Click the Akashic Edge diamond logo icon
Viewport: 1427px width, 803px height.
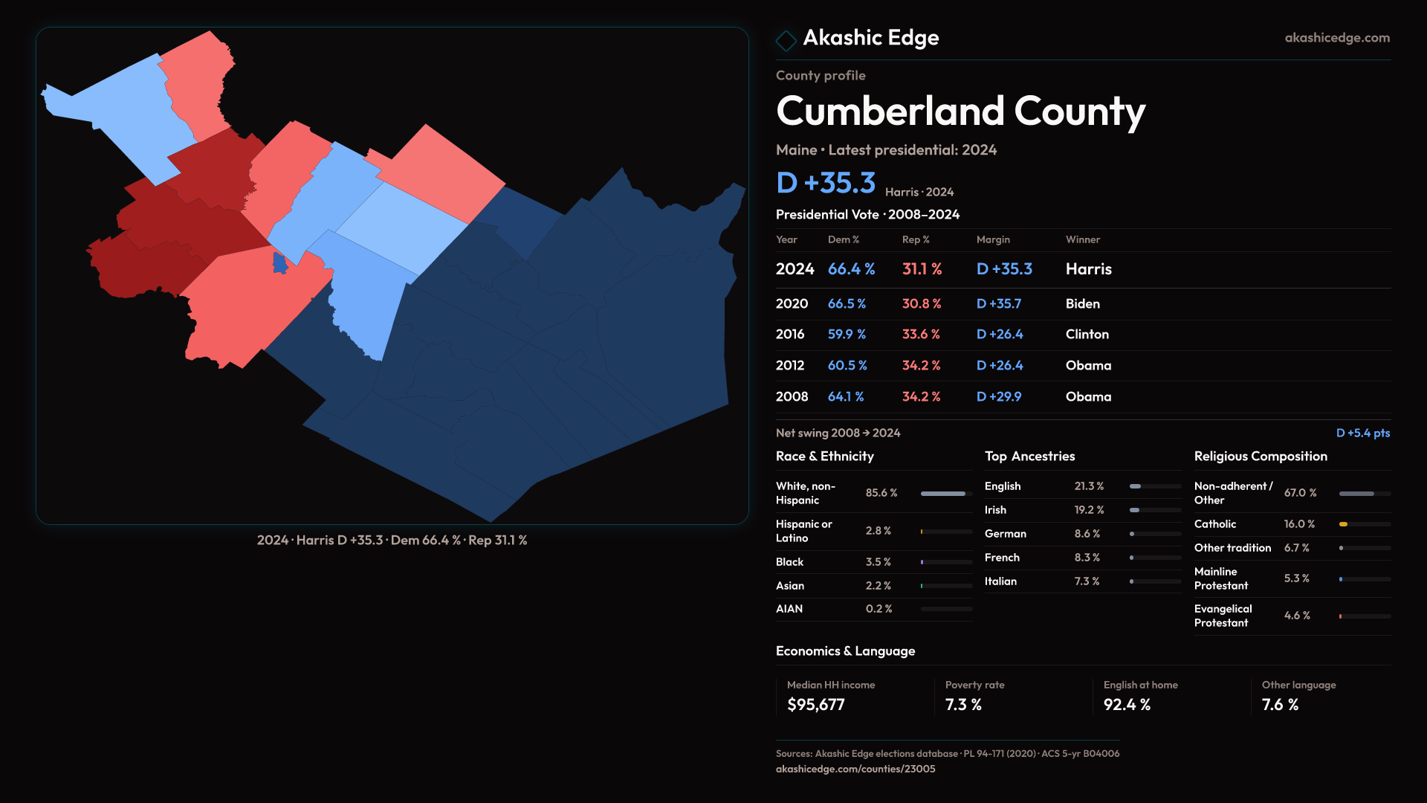(x=786, y=40)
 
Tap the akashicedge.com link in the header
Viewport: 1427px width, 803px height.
(x=1336, y=38)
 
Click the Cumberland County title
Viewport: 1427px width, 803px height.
(x=960, y=112)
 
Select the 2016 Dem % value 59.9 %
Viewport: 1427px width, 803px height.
(x=847, y=335)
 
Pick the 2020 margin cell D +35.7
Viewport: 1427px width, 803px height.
(x=998, y=304)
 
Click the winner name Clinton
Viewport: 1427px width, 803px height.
(x=1087, y=335)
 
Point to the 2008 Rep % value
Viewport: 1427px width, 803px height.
(x=921, y=397)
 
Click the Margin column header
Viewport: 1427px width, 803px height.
(x=993, y=239)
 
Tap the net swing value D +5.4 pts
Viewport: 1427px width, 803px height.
(x=1362, y=433)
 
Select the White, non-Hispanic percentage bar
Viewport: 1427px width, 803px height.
(x=943, y=494)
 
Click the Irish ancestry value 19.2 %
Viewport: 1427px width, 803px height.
(x=1089, y=510)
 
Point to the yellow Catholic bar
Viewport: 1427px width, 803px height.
(x=1343, y=524)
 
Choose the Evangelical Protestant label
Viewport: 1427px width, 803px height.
(x=1223, y=616)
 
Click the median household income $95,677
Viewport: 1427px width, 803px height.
(x=815, y=705)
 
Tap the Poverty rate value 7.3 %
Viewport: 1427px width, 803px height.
(x=963, y=705)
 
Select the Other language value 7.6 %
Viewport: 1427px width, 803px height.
(x=1280, y=705)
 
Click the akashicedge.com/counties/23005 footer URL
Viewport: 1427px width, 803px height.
(x=855, y=770)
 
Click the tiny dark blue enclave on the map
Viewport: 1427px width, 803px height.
(x=279, y=263)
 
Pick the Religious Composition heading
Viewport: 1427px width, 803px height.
(x=1261, y=457)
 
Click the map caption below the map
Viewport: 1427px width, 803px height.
(x=392, y=541)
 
